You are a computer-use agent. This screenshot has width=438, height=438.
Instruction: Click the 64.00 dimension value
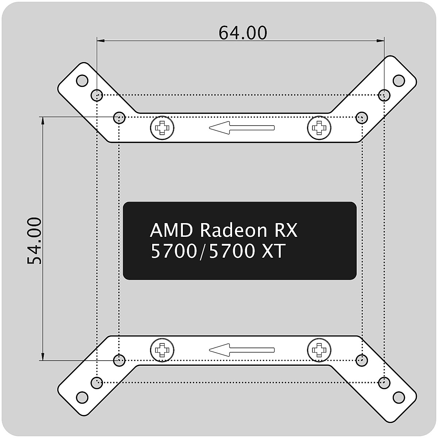[243, 33]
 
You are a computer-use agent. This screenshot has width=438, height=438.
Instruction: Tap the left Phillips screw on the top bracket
[162, 128]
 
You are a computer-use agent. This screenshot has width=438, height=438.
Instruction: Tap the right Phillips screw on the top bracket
[320, 128]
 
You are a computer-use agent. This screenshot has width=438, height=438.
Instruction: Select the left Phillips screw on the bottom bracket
[162, 350]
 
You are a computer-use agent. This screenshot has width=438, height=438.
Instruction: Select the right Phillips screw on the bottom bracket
[320, 350]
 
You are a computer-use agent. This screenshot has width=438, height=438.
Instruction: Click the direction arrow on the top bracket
[241, 127]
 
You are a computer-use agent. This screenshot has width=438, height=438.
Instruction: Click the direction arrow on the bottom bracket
[241, 350]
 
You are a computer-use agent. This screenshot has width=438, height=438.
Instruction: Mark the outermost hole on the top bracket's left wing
[82, 80]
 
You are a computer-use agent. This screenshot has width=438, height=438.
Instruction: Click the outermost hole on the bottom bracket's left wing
[82, 397]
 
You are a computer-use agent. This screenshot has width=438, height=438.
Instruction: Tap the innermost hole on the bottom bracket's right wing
[362, 360]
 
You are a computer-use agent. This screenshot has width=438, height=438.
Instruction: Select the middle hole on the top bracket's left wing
[96, 95]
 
